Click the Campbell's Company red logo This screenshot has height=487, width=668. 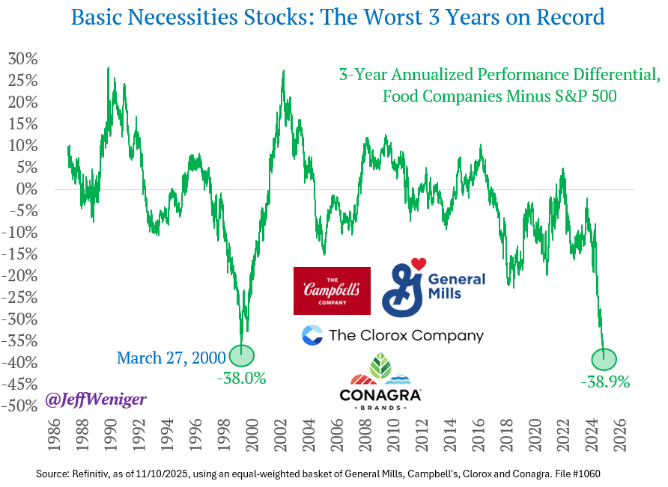[332, 290]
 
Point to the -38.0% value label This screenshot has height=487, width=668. [241, 378]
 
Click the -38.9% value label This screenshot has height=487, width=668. [605, 381]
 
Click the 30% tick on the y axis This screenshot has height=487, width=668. [22, 59]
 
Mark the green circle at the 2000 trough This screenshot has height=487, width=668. [242, 355]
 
